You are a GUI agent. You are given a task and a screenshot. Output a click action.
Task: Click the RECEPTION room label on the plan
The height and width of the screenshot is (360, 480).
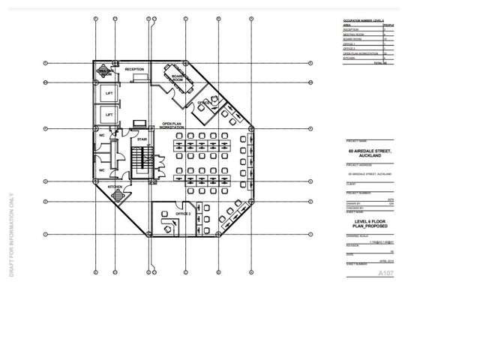pyautogui.click(x=134, y=70)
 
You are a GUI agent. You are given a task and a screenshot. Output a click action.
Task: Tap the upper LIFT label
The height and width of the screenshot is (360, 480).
pyautogui.click(x=109, y=94)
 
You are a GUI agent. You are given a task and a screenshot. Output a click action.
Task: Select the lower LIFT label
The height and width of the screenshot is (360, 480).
pyautogui.click(x=109, y=115)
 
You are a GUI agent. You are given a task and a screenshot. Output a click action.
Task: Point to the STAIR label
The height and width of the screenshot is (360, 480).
pyautogui.click(x=141, y=139)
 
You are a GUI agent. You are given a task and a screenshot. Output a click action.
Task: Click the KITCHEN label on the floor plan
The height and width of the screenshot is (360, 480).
pyautogui.click(x=114, y=186)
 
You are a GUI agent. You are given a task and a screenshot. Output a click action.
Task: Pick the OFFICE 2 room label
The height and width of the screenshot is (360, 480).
pyautogui.click(x=183, y=213)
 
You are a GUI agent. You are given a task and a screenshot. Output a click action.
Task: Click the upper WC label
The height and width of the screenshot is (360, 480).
pyautogui.click(x=102, y=136)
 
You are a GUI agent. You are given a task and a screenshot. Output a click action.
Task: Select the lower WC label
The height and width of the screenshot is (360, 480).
pyautogui.click(x=102, y=170)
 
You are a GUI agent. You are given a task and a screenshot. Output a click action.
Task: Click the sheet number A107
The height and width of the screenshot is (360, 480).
pyautogui.click(x=385, y=273)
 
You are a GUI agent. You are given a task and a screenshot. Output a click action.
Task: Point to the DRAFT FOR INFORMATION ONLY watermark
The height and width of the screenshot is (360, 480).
pyautogui.click(x=11, y=232)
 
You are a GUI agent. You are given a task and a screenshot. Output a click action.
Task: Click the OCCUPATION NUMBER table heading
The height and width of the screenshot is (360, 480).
pyautogui.click(x=363, y=21)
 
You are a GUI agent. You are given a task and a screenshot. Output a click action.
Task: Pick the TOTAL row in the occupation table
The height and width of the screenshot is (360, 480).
pyautogui.click(x=379, y=63)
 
